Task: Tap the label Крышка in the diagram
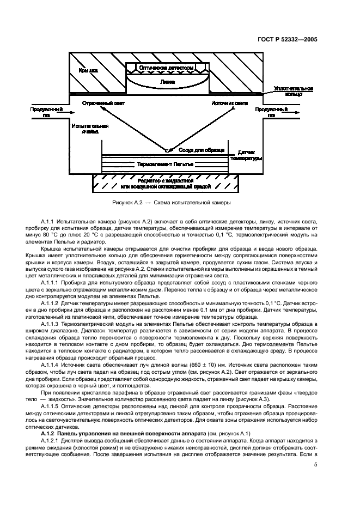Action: click(x=88, y=71)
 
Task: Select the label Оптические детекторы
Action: click(x=166, y=68)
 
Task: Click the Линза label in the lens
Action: click(x=168, y=82)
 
